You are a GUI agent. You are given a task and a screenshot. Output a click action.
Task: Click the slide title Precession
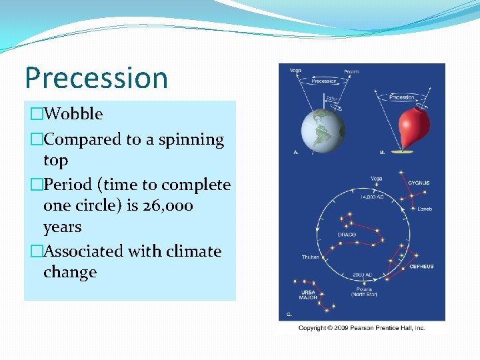tap(96, 78)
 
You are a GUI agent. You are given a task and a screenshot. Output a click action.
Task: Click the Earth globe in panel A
tap(323, 129)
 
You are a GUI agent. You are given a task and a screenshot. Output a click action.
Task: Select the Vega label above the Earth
tap(295, 70)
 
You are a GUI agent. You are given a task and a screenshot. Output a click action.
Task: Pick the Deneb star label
tap(424, 209)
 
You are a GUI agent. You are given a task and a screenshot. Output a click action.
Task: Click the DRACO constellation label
tap(346, 234)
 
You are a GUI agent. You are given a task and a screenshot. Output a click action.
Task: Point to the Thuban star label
tap(310, 257)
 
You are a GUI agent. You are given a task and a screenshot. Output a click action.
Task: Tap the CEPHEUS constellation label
tap(421, 266)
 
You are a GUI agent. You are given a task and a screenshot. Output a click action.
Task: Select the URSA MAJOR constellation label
tap(307, 294)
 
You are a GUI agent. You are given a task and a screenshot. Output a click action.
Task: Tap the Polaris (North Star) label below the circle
tap(364, 291)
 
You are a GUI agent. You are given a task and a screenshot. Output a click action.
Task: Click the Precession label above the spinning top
tap(401, 97)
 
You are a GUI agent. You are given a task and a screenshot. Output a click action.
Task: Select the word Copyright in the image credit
tap(312, 327)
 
